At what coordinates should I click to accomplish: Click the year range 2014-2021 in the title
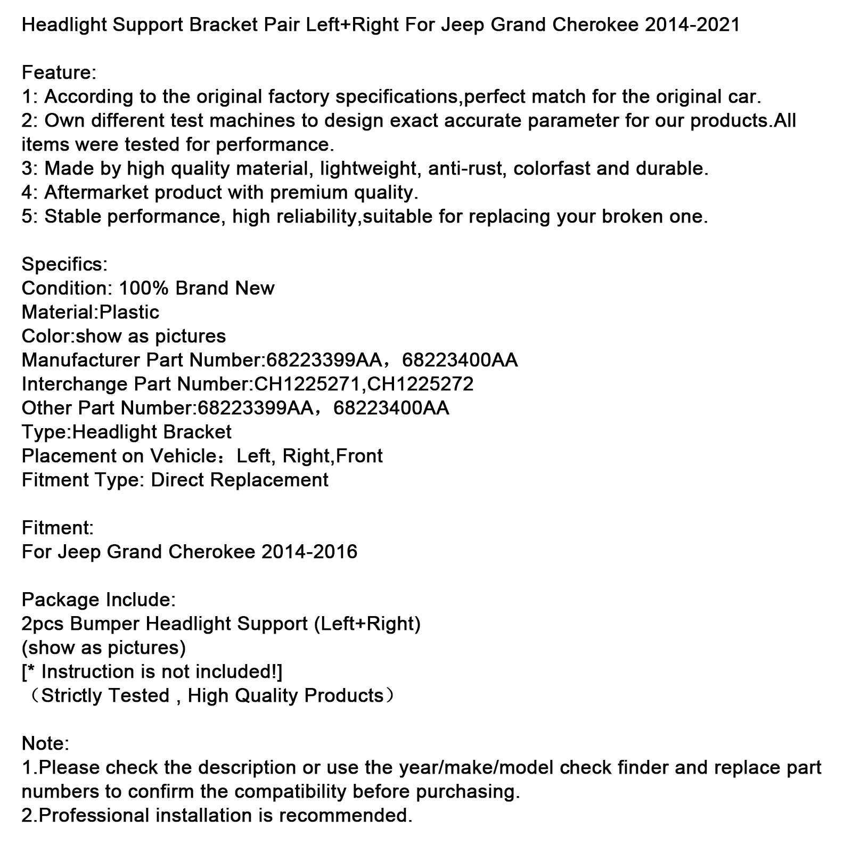point(692,24)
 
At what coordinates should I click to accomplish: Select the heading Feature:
point(59,72)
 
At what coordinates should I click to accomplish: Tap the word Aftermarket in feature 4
point(99,192)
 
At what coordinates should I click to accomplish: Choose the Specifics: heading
point(64,264)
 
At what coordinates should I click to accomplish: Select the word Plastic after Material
point(129,312)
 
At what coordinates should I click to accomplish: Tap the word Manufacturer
point(80,360)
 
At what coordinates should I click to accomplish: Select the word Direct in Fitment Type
point(178,480)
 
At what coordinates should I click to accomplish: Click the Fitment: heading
point(58,528)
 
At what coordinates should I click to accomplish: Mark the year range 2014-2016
point(309,552)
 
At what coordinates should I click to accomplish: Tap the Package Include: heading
point(99,600)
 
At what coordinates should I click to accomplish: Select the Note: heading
point(45,743)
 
